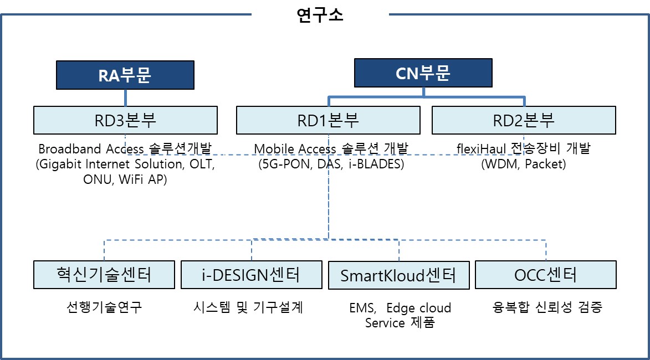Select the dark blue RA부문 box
pyautogui.click(x=125, y=75)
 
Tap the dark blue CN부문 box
pyautogui.click(x=423, y=73)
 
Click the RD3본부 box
pyautogui.click(x=125, y=120)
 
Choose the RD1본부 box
pyautogui.click(x=328, y=120)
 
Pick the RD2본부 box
pyautogui.click(x=524, y=120)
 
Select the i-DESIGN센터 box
pyautogui.click(x=251, y=275)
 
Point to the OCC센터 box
pyautogui.click(x=546, y=275)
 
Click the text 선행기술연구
pyautogui.click(x=104, y=307)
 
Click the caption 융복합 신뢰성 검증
pyautogui.click(x=546, y=307)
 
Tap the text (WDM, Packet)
pyautogui.click(x=524, y=164)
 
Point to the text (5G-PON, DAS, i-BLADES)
pyautogui.click(x=331, y=164)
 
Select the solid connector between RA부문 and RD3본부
pyautogui.click(x=125, y=97)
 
